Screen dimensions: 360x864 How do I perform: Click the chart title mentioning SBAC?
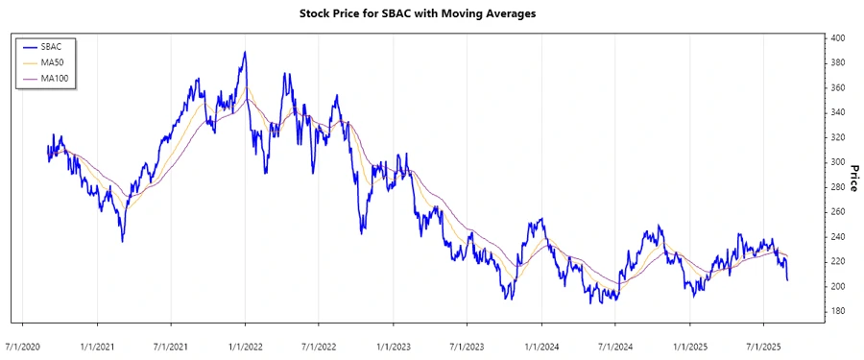tap(432, 14)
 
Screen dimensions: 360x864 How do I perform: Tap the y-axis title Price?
tap(852, 177)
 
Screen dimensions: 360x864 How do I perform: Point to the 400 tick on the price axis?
tap(837, 38)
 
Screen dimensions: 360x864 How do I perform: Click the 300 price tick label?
tap(837, 162)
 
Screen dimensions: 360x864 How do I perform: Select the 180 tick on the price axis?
tap(837, 311)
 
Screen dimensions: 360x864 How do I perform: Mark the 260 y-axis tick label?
tap(837, 212)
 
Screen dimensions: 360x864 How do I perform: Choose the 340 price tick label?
tap(837, 112)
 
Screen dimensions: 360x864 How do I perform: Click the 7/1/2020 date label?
tap(23, 344)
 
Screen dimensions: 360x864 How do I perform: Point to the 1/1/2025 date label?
tap(688, 344)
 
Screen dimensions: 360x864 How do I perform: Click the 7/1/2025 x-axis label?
tap(761, 344)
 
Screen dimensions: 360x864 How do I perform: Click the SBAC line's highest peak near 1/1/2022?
tap(245, 53)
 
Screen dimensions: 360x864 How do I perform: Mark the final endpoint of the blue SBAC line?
tap(787, 279)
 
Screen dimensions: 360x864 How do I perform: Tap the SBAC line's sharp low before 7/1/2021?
tap(122, 241)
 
